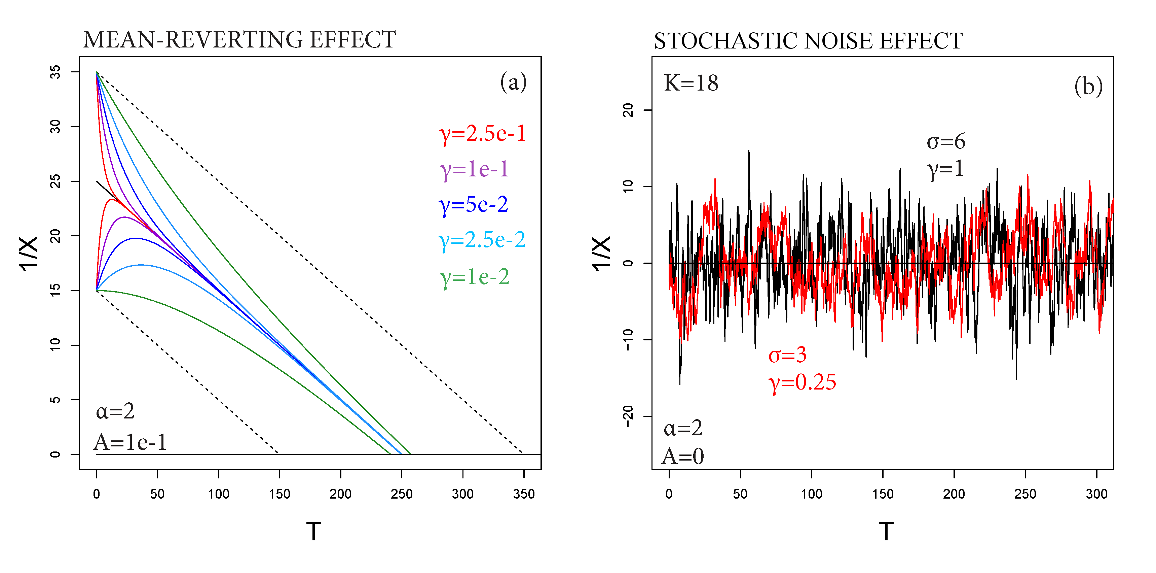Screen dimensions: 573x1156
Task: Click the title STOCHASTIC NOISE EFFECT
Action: click(x=808, y=41)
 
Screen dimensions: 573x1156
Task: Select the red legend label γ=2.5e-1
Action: click(x=482, y=134)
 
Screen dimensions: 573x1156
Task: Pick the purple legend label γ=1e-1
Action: click(x=474, y=169)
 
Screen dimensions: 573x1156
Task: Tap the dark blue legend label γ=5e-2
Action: click(x=474, y=205)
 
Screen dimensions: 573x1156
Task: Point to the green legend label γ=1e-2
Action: click(x=474, y=277)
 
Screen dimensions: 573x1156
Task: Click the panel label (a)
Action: click(x=513, y=82)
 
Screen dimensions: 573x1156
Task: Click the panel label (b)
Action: click(x=1088, y=86)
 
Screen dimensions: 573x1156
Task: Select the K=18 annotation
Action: click(x=691, y=83)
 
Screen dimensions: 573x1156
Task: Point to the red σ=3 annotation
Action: click(x=788, y=355)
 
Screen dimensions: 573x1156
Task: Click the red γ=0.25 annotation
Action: click(x=803, y=382)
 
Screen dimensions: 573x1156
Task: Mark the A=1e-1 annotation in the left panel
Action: click(x=130, y=442)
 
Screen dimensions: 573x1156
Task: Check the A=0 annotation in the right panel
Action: click(x=682, y=456)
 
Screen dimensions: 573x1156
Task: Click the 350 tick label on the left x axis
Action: click(x=524, y=494)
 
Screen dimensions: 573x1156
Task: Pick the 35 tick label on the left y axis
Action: click(x=55, y=72)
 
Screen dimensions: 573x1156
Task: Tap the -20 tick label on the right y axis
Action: click(x=628, y=416)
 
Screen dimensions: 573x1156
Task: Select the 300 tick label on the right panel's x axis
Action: click(x=1096, y=494)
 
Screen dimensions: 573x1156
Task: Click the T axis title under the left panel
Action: click(x=313, y=532)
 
